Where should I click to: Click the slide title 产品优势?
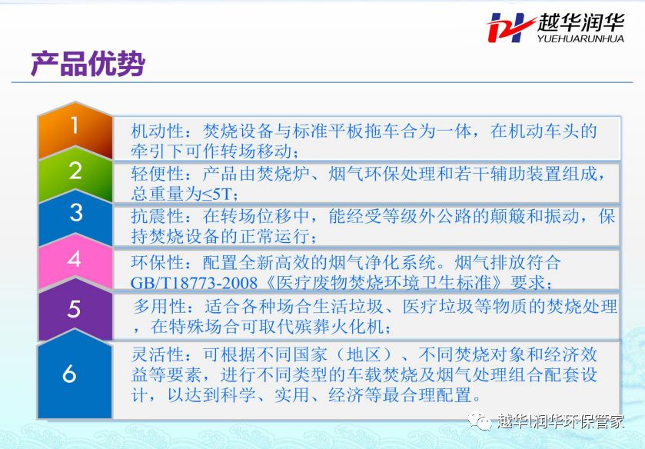[x=88, y=64]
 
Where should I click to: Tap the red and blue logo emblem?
[x=510, y=27]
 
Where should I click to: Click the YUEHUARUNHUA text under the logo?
[x=580, y=38]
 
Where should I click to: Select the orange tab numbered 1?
[x=75, y=130]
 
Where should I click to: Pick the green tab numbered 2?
[x=75, y=175]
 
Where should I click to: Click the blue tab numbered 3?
[x=75, y=218]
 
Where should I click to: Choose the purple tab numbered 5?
[x=75, y=310]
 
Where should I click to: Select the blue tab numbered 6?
[x=75, y=374]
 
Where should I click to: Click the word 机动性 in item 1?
[x=157, y=131]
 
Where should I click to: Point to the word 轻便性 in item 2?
[x=157, y=174]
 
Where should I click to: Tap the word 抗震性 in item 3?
[x=157, y=216]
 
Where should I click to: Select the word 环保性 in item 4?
[x=157, y=261]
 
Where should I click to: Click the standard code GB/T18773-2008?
[x=194, y=283]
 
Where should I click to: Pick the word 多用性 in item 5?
[x=160, y=306]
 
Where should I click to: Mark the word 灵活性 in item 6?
[x=157, y=354]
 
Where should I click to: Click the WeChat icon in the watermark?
[x=480, y=421]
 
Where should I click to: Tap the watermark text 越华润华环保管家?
[x=560, y=421]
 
